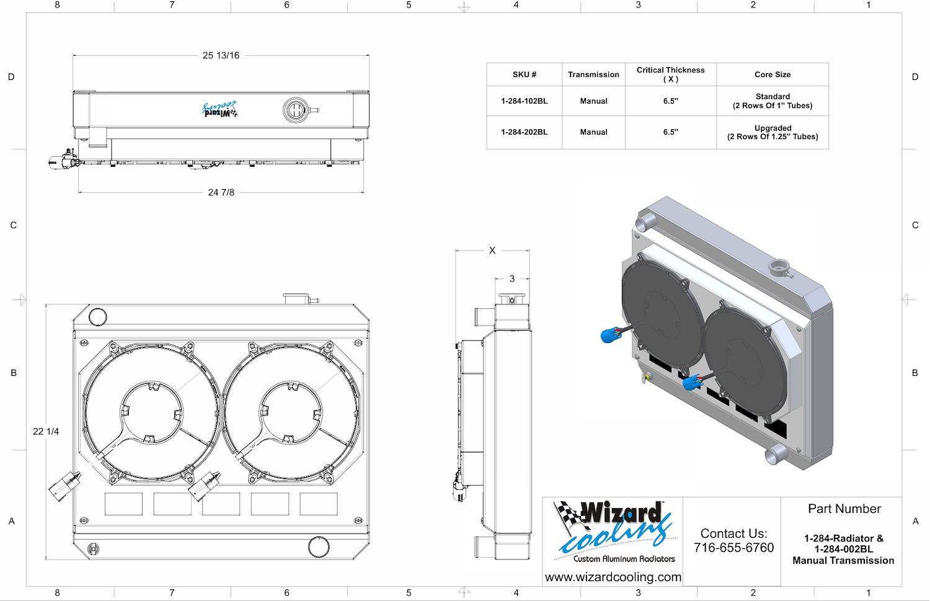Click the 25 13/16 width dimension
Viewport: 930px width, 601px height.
click(x=221, y=55)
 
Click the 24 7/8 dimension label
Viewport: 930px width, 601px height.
click(x=221, y=192)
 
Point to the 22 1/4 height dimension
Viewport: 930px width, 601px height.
click(x=46, y=432)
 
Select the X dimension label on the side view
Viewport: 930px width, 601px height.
click(x=492, y=251)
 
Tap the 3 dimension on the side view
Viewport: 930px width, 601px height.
click(x=512, y=278)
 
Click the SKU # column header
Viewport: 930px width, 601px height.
click(x=525, y=74)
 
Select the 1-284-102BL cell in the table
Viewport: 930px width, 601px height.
click(x=525, y=101)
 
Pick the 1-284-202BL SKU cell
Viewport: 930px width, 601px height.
click(x=525, y=132)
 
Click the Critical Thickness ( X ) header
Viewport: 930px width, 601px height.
click(x=670, y=74)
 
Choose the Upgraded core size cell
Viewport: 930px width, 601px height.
click(x=773, y=132)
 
